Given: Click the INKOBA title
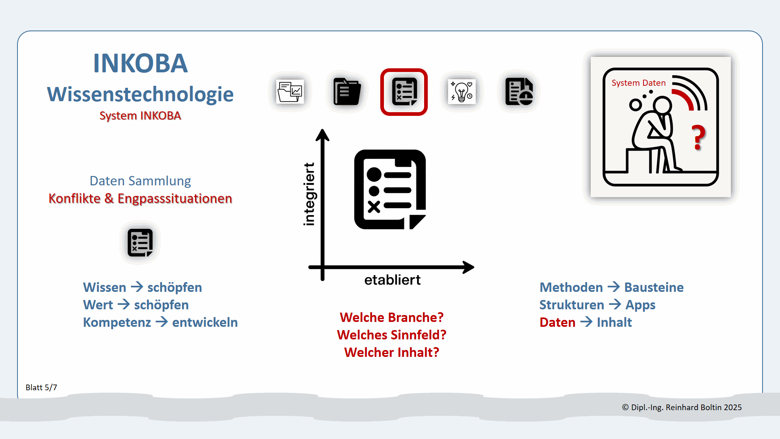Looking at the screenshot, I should [140, 63].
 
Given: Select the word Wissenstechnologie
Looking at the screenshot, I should [140, 94].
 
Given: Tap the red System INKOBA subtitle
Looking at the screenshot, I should [140, 116].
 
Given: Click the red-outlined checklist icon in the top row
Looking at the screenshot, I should [404, 92].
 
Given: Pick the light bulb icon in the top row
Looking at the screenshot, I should [462, 92].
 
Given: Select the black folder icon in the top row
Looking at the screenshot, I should [347, 92].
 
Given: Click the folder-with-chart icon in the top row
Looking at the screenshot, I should [290, 92].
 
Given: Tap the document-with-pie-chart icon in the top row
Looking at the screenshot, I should [519, 92].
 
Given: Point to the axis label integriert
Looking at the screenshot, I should [309, 194].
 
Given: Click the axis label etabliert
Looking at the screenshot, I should [392, 280].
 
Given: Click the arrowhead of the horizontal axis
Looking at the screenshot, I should [469, 267].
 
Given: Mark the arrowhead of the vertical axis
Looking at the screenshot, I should [323, 135].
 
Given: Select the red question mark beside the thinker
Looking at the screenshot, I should [699, 137].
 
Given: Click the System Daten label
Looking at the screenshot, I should [639, 83].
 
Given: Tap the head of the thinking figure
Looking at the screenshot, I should [663, 106].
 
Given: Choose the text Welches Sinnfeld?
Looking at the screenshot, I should [392, 335].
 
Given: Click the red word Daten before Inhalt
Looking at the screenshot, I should [557, 322].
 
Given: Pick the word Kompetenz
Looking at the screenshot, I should [117, 322].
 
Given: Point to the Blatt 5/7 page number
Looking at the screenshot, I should [41, 387].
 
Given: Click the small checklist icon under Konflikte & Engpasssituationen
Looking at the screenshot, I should [140, 243].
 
